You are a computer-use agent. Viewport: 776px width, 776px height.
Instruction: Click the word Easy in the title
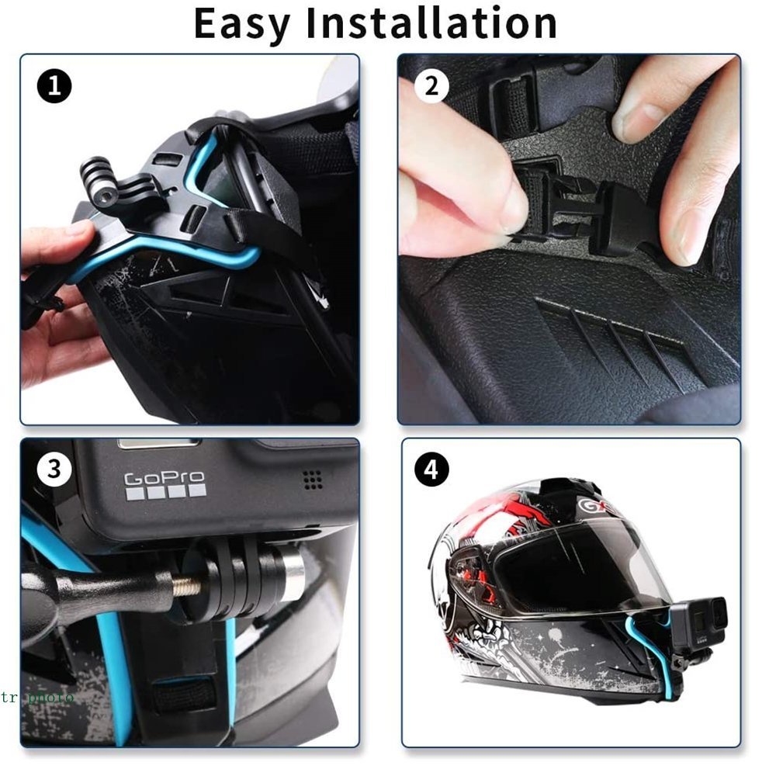241,23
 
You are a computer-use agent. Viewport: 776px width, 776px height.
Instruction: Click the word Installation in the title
431,23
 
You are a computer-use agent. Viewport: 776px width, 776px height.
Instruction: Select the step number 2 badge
431,86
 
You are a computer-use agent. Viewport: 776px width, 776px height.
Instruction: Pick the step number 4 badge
431,469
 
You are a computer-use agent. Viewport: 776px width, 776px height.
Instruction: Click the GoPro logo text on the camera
165,479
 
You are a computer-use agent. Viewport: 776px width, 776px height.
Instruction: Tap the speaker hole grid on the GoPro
313,480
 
